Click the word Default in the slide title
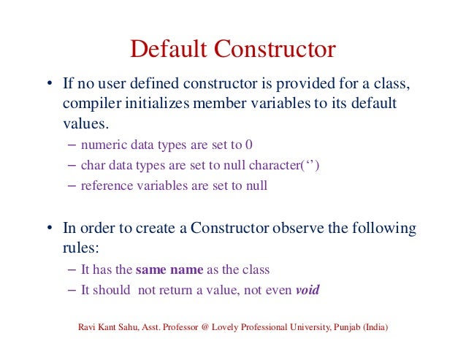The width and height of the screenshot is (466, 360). (x=171, y=50)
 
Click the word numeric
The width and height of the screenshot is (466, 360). (x=102, y=144)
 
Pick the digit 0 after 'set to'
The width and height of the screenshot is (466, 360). (x=249, y=144)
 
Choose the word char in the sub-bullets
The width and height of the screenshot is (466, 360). (x=91, y=165)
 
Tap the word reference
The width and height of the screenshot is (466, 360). (x=107, y=185)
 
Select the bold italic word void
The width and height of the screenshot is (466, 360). (x=308, y=290)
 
